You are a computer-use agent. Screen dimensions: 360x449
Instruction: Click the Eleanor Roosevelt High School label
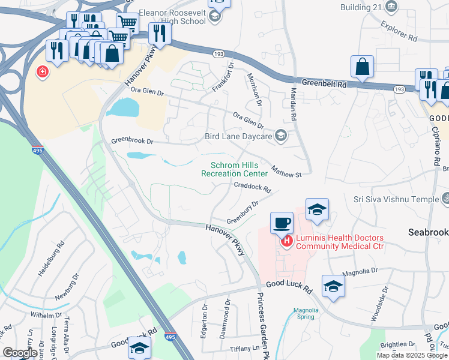(172, 16)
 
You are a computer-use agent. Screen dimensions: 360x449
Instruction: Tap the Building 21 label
(360, 7)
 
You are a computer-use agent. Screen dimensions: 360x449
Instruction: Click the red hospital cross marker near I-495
(43, 73)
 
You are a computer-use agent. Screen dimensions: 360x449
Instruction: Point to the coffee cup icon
(282, 224)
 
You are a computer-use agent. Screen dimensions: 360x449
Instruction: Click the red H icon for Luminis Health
(287, 241)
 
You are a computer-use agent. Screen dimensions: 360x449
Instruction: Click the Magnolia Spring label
(301, 313)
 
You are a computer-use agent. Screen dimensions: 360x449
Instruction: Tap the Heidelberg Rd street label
(52, 259)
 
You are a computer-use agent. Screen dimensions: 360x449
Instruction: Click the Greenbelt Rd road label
(324, 85)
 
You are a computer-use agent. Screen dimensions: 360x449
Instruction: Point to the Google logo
(19, 353)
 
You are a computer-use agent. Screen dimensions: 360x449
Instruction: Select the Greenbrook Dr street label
(132, 142)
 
